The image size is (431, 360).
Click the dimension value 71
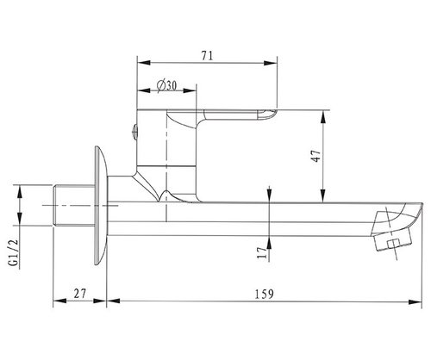pos(208,55)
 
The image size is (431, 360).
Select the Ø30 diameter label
pos(166,85)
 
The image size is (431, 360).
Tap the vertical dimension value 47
pos(316,156)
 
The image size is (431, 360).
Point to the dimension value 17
pos(262,252)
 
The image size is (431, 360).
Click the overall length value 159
pos(265,294)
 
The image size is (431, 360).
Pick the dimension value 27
pos(80,294)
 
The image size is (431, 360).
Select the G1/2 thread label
pos(14,252)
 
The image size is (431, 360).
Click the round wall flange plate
pos(101,206)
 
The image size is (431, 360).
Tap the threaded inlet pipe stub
pos(75,206)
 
